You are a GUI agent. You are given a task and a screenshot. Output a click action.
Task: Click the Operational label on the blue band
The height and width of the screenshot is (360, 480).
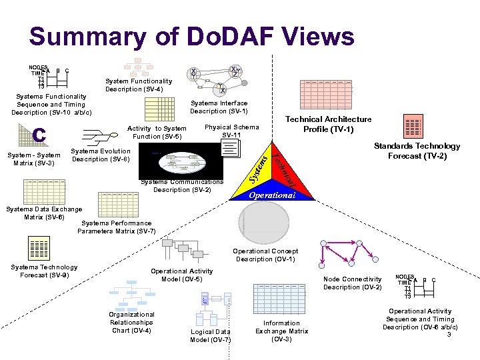(271, 195)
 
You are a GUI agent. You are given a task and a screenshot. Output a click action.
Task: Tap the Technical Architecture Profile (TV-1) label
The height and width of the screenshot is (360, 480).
(328, 124)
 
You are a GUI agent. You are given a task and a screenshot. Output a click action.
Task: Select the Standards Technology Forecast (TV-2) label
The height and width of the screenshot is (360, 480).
(417, 151)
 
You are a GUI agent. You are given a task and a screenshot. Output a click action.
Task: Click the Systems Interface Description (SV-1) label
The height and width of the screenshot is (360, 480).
(219, 107)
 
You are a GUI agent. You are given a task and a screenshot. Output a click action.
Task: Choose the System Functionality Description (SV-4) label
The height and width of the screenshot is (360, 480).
(139, 85)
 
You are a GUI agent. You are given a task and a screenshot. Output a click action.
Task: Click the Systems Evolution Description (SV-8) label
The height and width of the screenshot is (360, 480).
(101, 155)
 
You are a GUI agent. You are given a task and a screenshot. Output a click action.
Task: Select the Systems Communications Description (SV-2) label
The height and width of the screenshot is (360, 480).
(182, 186)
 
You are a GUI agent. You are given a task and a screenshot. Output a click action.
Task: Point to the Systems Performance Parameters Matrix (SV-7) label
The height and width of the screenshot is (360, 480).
(117, 227)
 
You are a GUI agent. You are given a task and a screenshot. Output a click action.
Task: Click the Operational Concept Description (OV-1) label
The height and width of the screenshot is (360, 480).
(265, 255)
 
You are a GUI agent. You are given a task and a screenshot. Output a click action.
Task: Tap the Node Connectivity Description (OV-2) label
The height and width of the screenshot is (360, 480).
(353, 283)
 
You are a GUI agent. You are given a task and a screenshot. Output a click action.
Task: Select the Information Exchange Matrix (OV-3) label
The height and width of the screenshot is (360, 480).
(281, 331)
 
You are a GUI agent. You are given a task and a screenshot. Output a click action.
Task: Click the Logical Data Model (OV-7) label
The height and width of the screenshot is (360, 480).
(211, 335)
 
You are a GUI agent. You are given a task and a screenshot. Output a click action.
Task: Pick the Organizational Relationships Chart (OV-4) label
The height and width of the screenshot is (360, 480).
(131, 322)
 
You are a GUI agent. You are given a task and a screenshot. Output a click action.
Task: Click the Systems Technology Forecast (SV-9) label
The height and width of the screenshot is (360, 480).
(44, 271)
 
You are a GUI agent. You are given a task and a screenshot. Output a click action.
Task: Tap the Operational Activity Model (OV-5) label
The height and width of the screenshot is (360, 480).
(181, 275)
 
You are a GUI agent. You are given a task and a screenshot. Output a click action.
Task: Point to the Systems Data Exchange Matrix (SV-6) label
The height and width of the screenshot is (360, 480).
(43, 213)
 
